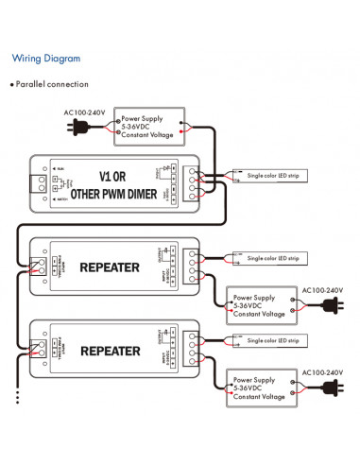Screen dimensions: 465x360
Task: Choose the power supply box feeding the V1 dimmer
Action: pyautogui.click(x=149, y=127)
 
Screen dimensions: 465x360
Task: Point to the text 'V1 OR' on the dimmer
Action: pyautogui.click(x=119, y=176)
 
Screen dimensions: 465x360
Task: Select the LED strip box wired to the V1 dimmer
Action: pyautogui.click(x=270, y=177)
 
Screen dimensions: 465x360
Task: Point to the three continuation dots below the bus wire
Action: pyautogui.click(x=18, y=396)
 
